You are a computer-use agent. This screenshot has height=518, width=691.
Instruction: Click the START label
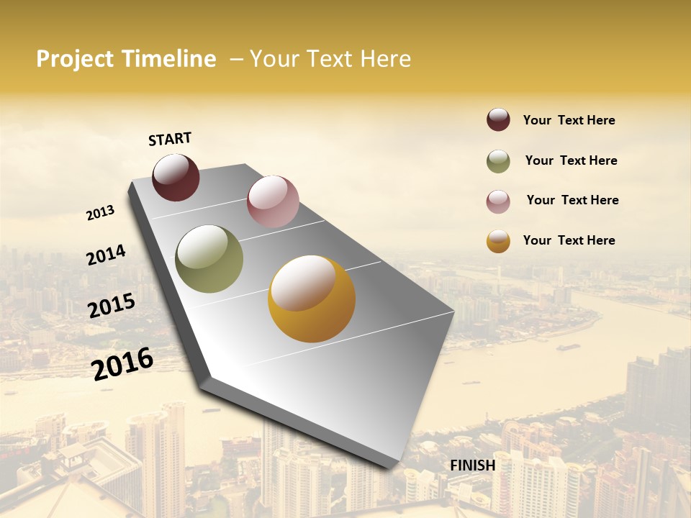(x=170, y=139)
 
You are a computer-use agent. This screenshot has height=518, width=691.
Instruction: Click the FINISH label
(x=472, y=465)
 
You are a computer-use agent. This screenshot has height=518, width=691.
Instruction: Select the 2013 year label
(x=101, y=213)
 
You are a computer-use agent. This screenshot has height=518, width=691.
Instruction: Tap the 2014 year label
(x=106, y=255)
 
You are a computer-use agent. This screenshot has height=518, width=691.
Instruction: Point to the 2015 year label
(x=112, y=306)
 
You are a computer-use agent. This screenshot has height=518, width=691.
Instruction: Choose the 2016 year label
(x=123, y=363)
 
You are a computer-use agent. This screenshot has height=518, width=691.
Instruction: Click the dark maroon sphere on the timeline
(x=176, y=177)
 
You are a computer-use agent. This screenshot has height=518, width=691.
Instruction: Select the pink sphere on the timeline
(x=273, y=201)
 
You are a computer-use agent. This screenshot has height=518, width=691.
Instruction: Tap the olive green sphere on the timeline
(x=209, y=259)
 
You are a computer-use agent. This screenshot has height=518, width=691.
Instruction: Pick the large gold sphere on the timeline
(x=312, y=299)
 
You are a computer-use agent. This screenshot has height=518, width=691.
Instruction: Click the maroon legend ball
(x=498, y=120)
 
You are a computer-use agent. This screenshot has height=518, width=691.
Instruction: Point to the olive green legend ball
(x=498, y=161)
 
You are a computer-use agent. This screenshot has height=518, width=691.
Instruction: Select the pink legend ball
(x=498, y=201)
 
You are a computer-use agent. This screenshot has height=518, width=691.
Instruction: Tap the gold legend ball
(x=498, y=241)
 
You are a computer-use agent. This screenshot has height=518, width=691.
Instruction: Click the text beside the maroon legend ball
(x=569, y=120)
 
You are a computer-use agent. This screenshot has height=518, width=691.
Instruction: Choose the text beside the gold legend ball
(x=569, y=240)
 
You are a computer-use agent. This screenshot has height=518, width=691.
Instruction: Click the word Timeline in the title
(x=168, y=59)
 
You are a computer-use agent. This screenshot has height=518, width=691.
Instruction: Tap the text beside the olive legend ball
(x=571, y=160)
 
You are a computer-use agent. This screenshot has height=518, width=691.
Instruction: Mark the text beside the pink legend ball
(x=572, y=200)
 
